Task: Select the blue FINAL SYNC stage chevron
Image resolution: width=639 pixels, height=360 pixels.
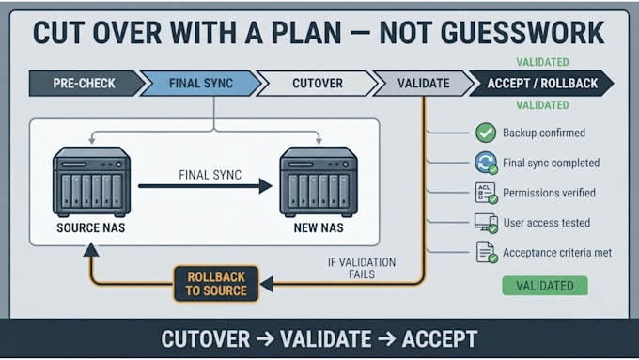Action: (x=200, y=83)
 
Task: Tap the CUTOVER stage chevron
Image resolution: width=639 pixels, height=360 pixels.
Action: (x=317, y=83)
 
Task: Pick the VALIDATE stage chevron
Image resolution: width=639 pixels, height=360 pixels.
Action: (x=424, y=83)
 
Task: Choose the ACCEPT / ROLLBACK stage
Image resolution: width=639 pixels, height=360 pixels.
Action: (x=542, y=83)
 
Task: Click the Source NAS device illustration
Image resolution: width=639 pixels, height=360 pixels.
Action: (x=92, y=181)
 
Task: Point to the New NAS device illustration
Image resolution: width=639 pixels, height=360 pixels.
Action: (x=319, y=181)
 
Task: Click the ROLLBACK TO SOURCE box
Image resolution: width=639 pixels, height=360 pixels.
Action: (x=216, y=284)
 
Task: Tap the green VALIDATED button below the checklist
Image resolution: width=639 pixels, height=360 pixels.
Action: (x=545, y=286)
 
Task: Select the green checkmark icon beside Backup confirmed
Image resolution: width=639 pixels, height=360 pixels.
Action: (x=486, y=133)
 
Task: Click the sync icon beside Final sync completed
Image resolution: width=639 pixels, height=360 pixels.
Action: (x=486, y=163)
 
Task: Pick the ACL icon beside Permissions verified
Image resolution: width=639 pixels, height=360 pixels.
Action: (x=486, y=193)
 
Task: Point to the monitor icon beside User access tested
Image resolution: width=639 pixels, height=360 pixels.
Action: (x=486, y=223)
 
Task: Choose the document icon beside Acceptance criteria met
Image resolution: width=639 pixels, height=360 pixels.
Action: (x=487, y=252)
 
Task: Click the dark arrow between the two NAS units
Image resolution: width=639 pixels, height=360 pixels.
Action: (x=205, y=186)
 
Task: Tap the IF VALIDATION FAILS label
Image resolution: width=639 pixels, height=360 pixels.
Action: (x=362, y=268)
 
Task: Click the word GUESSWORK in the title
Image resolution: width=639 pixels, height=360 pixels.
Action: (x=491, y=33)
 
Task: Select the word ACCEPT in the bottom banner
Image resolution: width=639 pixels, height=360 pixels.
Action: (x=440, y=339)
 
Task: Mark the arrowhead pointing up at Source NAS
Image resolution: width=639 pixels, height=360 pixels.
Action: (x=91, y=249)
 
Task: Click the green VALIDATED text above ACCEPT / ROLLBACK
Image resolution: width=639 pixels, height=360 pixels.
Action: (x=542, y=62)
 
